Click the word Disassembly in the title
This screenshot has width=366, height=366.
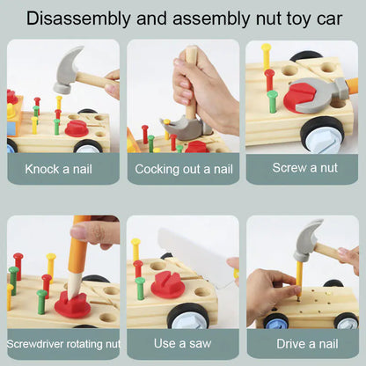[78, 18]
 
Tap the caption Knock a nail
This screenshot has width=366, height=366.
[58, 169]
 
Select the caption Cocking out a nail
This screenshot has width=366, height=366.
[184, 169]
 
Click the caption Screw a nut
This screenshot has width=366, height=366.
[305, 168]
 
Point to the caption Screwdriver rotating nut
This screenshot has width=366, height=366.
[63, 344]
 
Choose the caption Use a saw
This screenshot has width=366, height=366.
[182, 343]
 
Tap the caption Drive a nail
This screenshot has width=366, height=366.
[307, 344]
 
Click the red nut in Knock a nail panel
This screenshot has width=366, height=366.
[77, 129]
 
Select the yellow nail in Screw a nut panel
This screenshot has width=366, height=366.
[266, 55]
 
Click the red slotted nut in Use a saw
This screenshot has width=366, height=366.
[168, 284]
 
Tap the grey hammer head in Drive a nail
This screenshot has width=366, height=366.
[308, 239]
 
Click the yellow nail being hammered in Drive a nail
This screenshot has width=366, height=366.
[299, 278]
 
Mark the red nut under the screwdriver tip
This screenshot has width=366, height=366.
[72, 304]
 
